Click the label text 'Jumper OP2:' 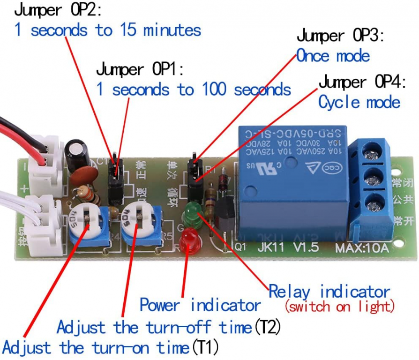(x=58, y=10)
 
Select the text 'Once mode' (x=333, y=56)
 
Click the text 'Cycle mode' (x=359, y=102)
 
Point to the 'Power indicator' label (x=200, y=305)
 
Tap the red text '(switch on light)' (x=339, y=307)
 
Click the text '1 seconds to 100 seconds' (x=194, y=89)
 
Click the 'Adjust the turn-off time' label (x=169, y=327)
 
